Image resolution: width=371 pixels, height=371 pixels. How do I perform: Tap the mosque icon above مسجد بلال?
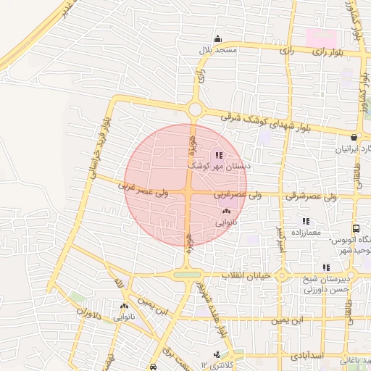click(x=217, y=39)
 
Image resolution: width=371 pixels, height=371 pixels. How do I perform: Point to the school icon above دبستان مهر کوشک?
click(x=219, y=155)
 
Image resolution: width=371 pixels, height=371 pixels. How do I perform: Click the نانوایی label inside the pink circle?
click(x=226, y=223)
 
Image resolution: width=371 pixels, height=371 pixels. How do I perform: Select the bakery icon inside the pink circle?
click(x=226, y=212)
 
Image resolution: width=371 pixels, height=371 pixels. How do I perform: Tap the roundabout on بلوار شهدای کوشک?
click(x=194, y=110)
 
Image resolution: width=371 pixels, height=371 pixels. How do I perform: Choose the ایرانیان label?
click(x=351, y=149)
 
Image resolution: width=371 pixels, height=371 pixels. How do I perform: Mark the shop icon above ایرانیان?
click(x=354, y=137)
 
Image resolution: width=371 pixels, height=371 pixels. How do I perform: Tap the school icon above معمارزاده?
click(x=307, y=220)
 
